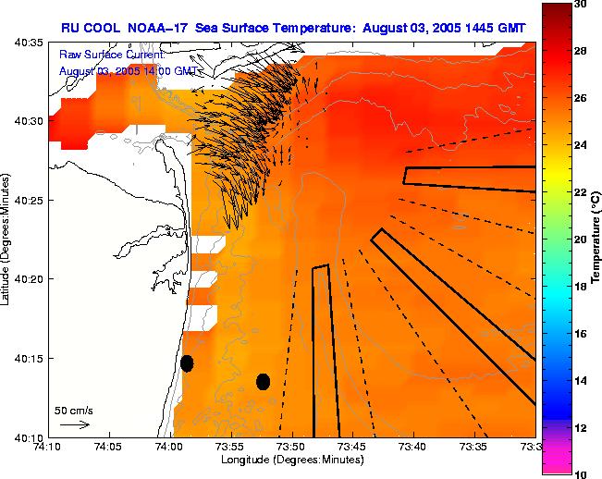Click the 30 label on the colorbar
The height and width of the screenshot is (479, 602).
coord(581,5)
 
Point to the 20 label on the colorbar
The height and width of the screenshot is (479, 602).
coord(581,239)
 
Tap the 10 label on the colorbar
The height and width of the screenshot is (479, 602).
coord(581,473)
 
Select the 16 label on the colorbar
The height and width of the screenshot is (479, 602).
coord(581,333)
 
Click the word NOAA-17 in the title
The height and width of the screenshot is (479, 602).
coord(156,28)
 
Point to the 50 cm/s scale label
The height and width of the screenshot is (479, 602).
coord(74,410)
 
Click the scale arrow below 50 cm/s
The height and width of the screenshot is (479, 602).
coord(74,424)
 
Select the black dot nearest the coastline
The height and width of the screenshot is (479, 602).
coord(187,362)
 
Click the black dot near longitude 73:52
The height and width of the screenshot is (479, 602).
coord(263,381)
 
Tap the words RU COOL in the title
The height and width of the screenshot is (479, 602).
coord(87,28)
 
